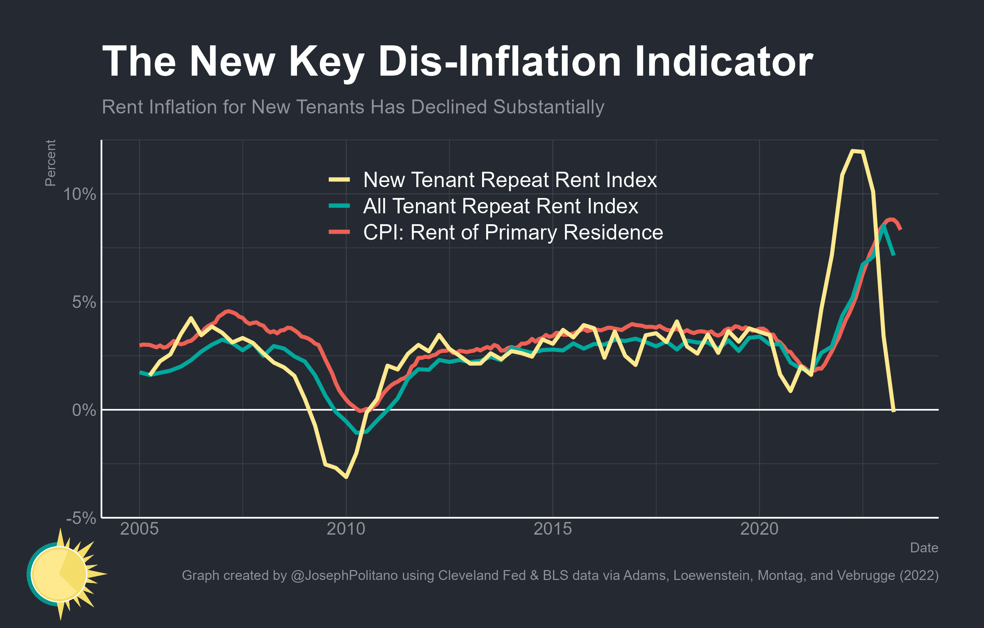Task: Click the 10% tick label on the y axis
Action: [x=79, y=194]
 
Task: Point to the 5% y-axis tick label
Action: [x=84, y=303]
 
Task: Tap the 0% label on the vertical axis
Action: [x=84, y=410]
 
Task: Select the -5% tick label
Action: [x=81, y=518]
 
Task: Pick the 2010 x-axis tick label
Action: [x=346, y=529]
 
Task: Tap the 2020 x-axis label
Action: [x=759, y=529]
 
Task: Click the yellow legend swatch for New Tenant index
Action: [x=339, y=180]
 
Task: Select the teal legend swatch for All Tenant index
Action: [x=339, y=206]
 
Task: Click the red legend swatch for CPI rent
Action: [x=339, y=232]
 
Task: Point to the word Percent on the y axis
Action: [x=50, y=163]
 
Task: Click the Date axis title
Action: [x=924, y=548]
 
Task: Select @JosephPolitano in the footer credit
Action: [x=344, y=575]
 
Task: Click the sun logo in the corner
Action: [x=61, y=574]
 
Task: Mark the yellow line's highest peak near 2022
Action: [x=853, y=151]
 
